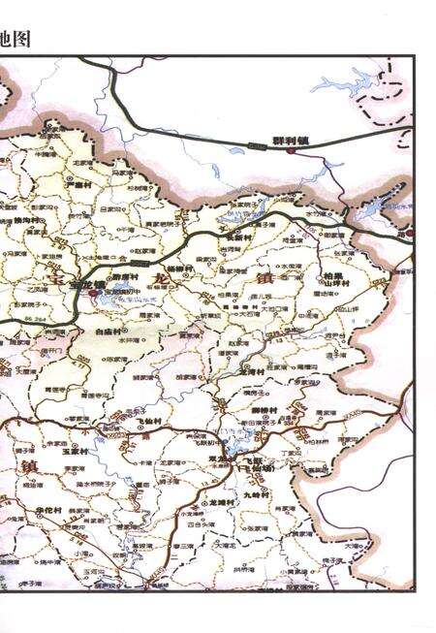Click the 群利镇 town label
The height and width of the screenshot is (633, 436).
click(x=290, y=140)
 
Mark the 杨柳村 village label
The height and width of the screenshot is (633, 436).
click(x=180, y=268)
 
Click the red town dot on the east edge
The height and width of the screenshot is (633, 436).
click(x=409, y=234)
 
